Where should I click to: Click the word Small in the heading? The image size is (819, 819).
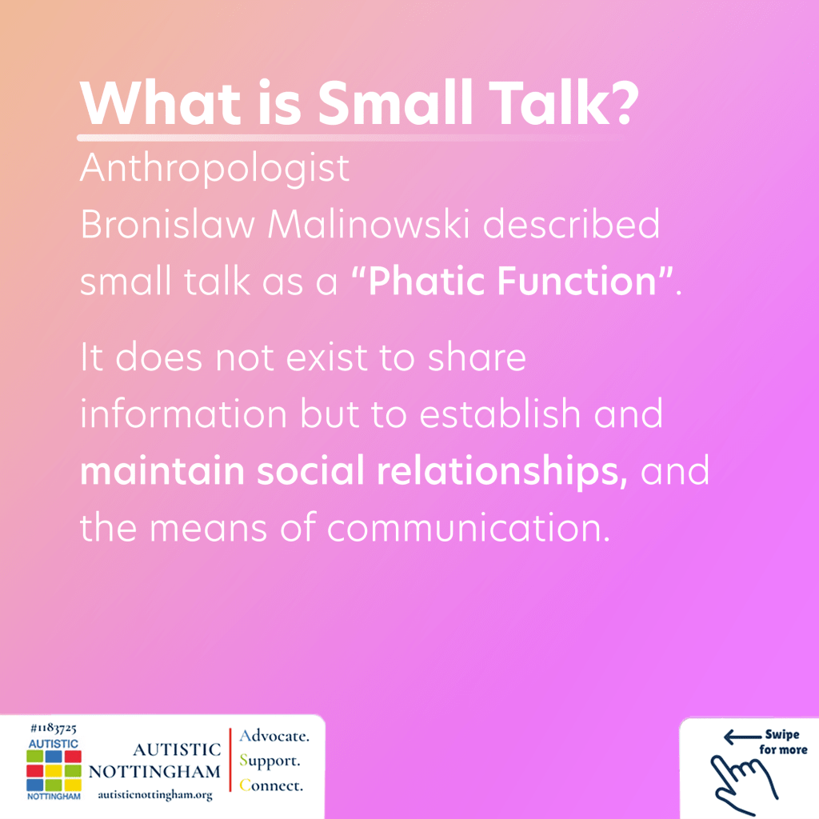coord(395,102)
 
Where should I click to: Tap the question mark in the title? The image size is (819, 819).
coord(624,103)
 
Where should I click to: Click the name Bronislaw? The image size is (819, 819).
coord(167,224)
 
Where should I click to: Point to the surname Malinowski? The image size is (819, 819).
coord(368,224)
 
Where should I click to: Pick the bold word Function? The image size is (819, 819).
coord(576,281)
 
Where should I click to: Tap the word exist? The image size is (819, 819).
coord(326,358)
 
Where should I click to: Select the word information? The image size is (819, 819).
coord(183,413)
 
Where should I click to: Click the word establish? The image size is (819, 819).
coord(500,413)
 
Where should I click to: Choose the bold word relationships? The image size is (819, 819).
coord(501,471)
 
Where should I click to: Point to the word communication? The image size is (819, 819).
coord(469,527)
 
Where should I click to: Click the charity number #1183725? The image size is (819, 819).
coord(54,728)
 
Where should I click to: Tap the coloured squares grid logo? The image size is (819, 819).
coord(54,771)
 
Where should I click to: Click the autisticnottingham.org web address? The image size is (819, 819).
coord(155,795)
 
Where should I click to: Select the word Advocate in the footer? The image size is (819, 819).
coord(274,736)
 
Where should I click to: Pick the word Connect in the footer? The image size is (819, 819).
coord(271,785)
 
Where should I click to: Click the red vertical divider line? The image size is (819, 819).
coord(230,760)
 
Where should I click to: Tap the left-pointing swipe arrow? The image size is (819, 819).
coord(741,737)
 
